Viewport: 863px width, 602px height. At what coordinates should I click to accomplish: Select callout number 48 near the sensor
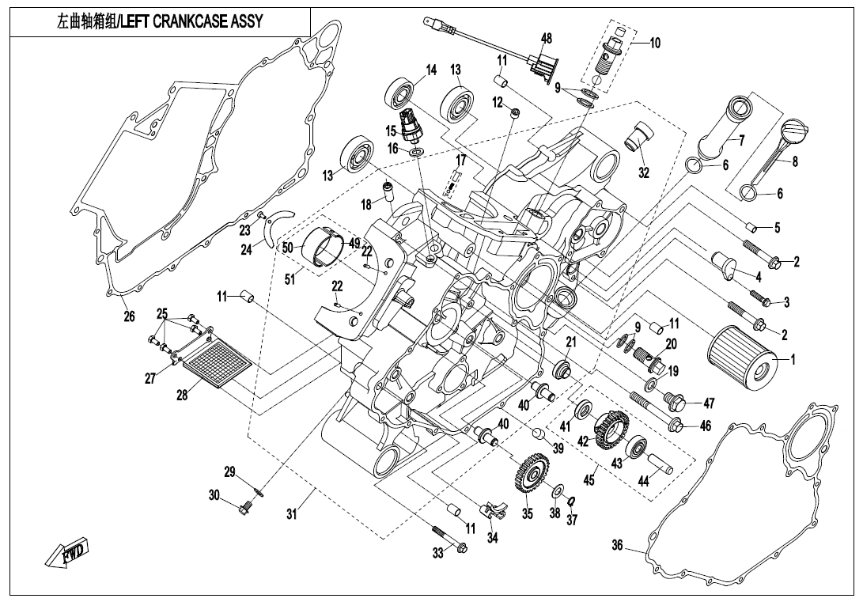point(547,39)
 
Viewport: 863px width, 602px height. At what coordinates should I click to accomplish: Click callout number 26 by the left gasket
point(129,316)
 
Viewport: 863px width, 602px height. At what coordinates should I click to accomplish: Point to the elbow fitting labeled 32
point(639,136)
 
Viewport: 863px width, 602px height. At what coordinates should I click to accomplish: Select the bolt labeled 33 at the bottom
point(449,539)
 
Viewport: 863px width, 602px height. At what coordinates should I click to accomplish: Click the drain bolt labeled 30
point(242,507)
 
